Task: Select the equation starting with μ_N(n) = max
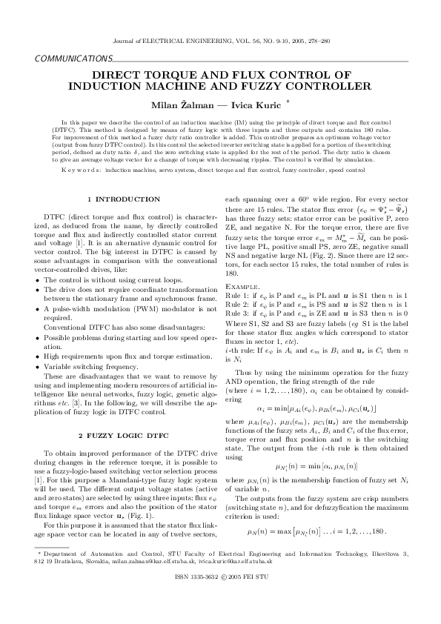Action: (316, 552)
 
